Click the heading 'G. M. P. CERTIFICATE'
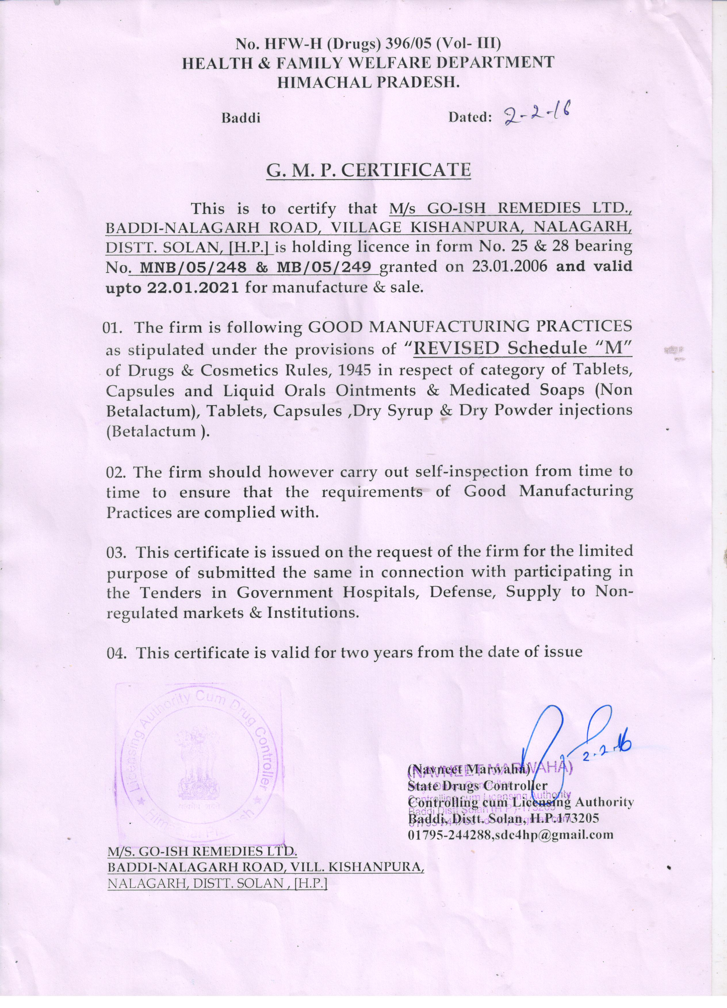click(368, 170)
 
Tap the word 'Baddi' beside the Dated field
click(240, 118)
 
